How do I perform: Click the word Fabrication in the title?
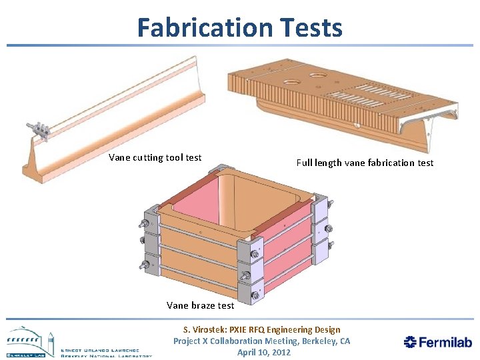pyautogui.click(x=194, y=27)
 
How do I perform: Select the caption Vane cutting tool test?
pyautogui.click(x=155, y=157)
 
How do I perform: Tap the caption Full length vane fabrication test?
pyautogui.click(x=365, y=163)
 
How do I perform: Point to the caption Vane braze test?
pyautogui.click(x=200, y=305)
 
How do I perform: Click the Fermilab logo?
pyautogui.click(x=438, y=342)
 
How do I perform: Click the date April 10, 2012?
pyautogui.click(x=264, y=352)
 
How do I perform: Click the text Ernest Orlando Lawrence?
pyautogui.click(x=107, y=350)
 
